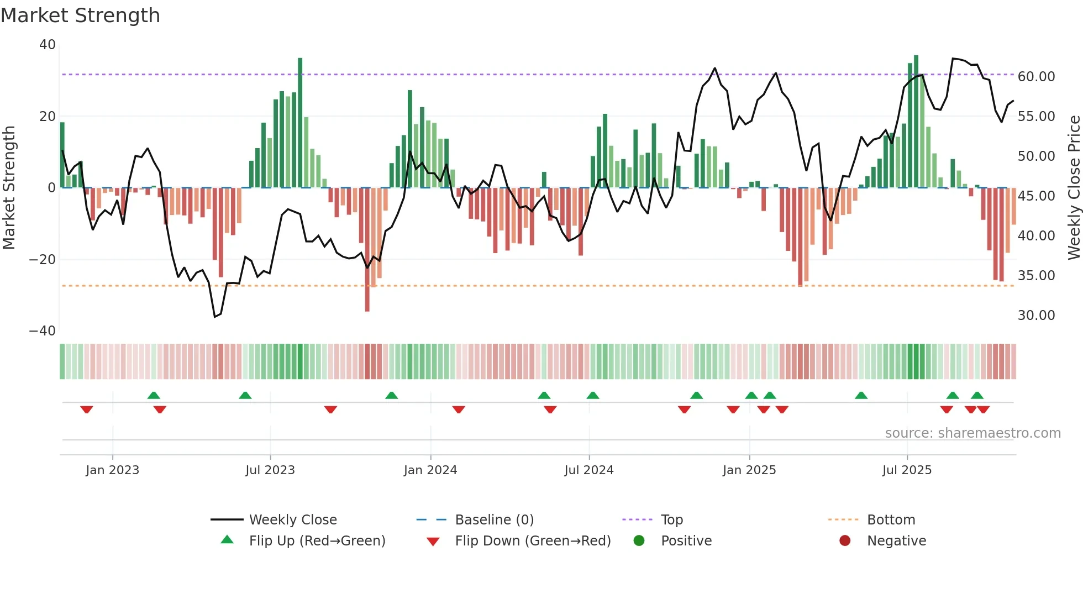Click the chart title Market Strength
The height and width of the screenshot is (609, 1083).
(x=81, y=15)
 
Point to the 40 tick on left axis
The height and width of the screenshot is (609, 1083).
(x=48, y=45)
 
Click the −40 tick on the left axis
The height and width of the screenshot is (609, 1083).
(x=43, y=331)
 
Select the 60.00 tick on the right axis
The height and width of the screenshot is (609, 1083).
(x=1036, y=77)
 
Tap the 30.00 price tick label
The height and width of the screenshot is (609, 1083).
(x=1036, y=316)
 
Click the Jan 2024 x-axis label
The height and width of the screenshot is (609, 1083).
(x=430, y=470)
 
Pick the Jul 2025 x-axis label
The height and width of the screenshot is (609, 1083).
(x=907, y=470)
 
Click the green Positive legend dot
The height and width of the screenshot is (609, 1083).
(x=639, y=541)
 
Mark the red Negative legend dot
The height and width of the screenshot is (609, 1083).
(x=845, y=541)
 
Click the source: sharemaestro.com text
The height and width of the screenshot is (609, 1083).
(x=972, y=433)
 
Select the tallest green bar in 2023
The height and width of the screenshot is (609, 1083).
(x=300, y=123)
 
